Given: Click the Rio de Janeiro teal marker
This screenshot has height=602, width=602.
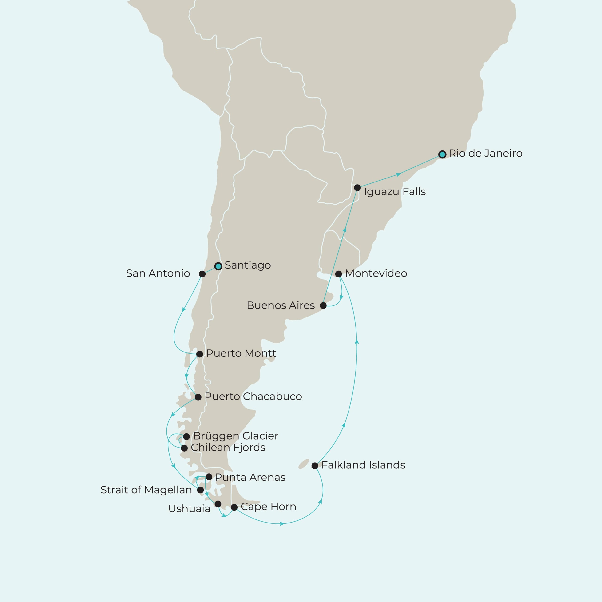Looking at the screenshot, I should point(442,154).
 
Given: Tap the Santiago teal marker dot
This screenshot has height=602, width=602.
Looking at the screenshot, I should point(218,266).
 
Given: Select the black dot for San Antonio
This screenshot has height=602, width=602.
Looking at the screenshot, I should point(202,274).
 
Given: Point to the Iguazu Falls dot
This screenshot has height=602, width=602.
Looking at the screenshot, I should point(357,188).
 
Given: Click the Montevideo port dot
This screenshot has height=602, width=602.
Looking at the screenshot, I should point(338,274).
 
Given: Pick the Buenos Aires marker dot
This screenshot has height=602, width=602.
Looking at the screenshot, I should point(323,305).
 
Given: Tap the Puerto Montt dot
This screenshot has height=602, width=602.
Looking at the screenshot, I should point(199,354).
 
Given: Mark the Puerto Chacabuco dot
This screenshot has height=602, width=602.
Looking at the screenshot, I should point(198,397).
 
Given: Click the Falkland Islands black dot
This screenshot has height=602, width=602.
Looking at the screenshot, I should point(315,466).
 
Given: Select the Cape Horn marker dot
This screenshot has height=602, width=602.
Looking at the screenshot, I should point(234,507).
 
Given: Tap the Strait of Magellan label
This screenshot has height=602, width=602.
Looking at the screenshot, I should point(146,490).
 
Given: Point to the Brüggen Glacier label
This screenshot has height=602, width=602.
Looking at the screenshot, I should point(236,436).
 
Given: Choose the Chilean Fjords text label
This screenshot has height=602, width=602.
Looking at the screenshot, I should point(228,448).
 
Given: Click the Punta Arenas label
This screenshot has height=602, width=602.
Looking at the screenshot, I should point(250,477).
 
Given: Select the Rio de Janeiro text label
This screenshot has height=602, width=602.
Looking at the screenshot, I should point(485,153).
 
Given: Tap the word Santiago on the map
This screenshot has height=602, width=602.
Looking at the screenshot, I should point(247,265).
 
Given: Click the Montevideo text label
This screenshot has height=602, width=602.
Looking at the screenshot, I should point(376,273).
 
